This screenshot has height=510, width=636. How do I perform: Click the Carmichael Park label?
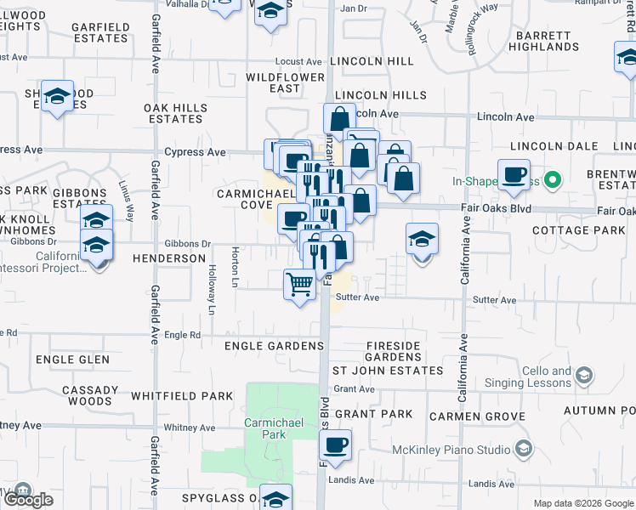(263, 428)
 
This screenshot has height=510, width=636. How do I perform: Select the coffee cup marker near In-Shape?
(514, 175)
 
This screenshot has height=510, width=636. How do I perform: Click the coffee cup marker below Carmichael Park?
(335, 445)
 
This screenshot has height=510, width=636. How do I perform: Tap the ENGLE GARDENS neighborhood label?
(275, 346)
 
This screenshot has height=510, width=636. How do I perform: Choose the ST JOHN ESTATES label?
(387, 371)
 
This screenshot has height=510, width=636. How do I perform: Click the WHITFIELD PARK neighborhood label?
(182, 396)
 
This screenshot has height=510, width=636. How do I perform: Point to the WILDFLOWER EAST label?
(285, 82)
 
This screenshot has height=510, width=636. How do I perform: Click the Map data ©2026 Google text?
(582, 503)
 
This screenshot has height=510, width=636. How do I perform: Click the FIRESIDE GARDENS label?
(394, 351)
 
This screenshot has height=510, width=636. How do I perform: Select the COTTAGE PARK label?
(577, 230)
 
